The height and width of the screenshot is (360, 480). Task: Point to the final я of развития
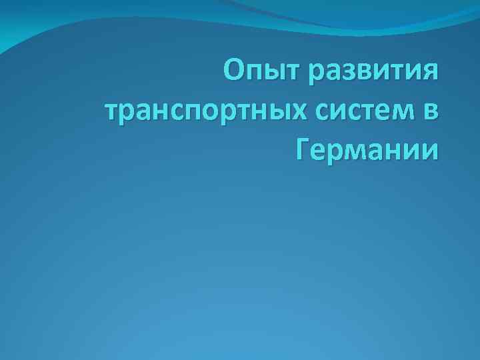coord(431,73)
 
